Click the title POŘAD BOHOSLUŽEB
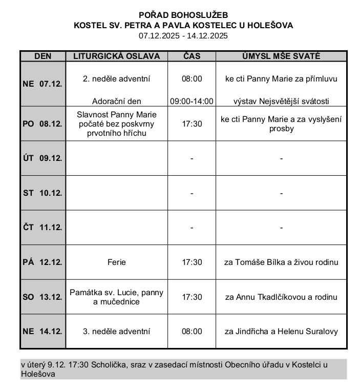(x=183, y=15)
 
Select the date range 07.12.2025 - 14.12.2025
(x=183, y=35)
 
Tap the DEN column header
(x=43, y=56)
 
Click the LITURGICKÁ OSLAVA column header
(x=117, y=56)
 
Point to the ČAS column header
(x=192, y=56)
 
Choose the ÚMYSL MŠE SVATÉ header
(x=281, y=56)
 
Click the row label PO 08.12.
(x=43, y=124)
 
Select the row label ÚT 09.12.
(x=43, y=158)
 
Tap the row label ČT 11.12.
(x=43, y=228)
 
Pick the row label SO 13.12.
(x=43, y=297)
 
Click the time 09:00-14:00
(x=192, y=101)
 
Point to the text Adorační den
(x=117, y=101)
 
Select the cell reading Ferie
(x=117, y=262)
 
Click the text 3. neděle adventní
(x=117, y=332)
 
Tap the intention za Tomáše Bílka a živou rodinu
(x=281, y=262)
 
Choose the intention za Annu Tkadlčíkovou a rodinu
(x=281, y=297)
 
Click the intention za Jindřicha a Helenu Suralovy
(x=281, y=332)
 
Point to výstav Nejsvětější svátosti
(x=281, y=101)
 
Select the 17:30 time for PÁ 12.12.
(x=192, y=262)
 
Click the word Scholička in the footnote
(x=105, y=364)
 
